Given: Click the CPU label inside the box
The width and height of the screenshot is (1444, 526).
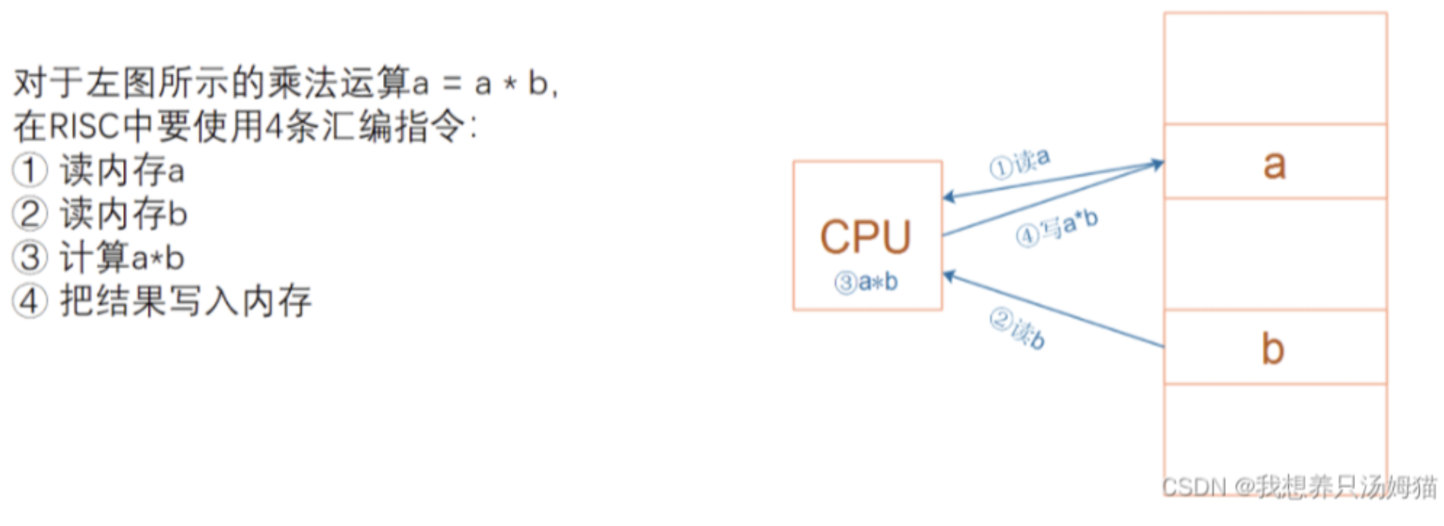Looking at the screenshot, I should [x=866, y=237].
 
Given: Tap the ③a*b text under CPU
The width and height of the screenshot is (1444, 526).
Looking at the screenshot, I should [x=866, y=283].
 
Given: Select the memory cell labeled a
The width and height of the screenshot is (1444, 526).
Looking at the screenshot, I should [x=1275, y=162].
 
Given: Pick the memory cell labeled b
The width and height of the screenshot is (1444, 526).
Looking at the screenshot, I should [x=1275, y=347].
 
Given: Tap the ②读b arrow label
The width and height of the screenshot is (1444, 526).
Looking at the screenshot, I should [x=1018, y=328].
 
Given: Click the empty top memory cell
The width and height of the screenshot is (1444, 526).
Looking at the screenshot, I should [x=1275, y=68].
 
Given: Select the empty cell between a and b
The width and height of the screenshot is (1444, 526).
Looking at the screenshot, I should [x=1275, y=254].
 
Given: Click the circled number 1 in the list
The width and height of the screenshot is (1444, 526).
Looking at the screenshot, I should [x=30, y=170].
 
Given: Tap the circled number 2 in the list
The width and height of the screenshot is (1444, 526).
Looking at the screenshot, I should [x=30, y=214].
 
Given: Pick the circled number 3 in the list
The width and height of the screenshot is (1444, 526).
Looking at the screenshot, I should [x=30, y=257].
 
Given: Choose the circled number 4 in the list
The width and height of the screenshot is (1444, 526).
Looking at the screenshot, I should [x=30, y=301].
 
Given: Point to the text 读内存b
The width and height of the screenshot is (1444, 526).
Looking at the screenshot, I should [x=124, y=214].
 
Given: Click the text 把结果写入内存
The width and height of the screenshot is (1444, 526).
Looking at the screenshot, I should [x=186, y=301].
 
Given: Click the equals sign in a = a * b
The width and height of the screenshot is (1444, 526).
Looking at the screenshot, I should [x=452, y=84].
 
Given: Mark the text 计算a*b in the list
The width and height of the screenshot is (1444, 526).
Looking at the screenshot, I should [x=122, y=257].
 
